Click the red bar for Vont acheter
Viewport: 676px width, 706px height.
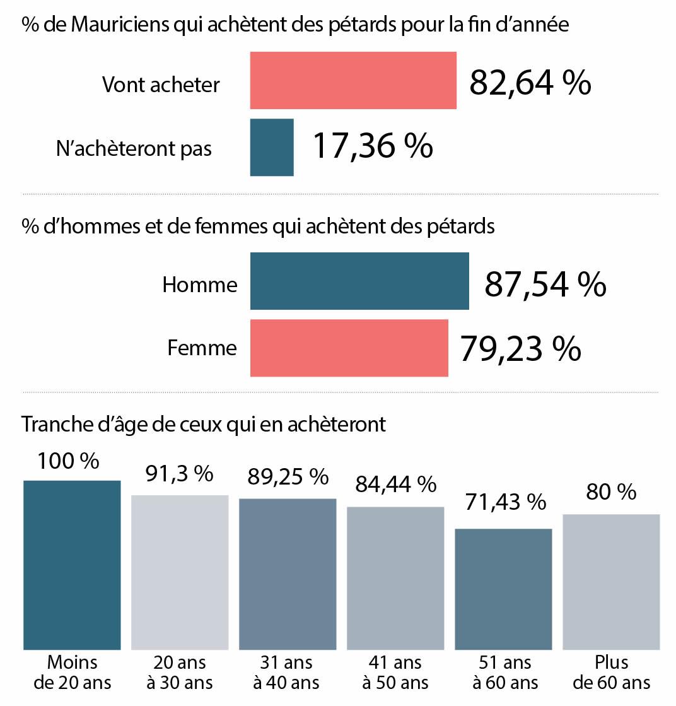click(353, 81)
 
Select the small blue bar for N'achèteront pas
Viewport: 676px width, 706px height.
click(272, 148)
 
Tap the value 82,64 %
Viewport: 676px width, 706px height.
click(530, 82)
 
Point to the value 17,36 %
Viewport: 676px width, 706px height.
click(373, 146)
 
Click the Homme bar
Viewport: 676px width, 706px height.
click(359, 281)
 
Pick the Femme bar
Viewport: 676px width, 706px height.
click(349, 348)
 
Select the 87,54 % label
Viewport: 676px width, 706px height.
click(545, 284)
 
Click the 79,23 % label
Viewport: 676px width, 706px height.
click(520, 348)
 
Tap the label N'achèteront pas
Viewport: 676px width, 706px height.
click(134, 148)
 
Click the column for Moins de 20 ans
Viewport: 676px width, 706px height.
click(71, 565)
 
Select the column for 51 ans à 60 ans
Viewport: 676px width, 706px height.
click(503, 589)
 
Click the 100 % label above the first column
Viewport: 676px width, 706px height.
click(68, 461)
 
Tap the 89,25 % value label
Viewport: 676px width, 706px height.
click(288, 476)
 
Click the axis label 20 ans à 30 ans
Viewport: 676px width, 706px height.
click(179, 673)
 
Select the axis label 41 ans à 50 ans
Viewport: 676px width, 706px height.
click(395, 673)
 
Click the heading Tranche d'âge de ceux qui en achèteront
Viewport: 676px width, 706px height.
click(204, 424)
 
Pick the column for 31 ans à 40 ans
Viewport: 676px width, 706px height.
click(288, 574)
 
